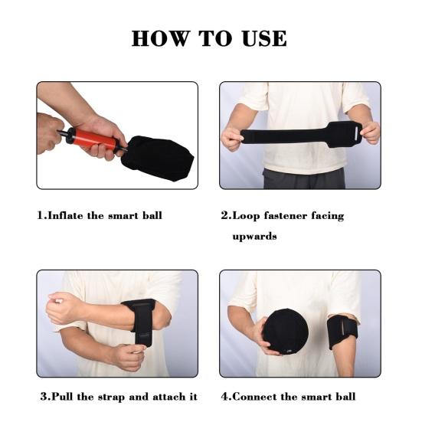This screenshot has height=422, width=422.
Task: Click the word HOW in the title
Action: click(160, 38)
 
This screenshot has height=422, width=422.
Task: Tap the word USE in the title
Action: click(264, 38)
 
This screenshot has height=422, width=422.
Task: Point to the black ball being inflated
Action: click(158, 158)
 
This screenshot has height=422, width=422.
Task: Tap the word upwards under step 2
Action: click(254, 237)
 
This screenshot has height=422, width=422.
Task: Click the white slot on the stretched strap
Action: click(357, 134)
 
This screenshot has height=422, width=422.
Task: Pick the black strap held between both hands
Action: click(301, 135)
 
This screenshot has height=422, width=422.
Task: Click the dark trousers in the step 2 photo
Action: click(304, 178)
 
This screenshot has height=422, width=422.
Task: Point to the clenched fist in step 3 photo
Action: click(63, 307)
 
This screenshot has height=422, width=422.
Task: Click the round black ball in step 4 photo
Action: click(285, 332)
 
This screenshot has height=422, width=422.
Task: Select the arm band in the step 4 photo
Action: click(342, 333)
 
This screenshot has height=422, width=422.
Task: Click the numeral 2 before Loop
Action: click(224, 215)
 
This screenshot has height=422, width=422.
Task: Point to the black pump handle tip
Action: click(59, 132)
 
